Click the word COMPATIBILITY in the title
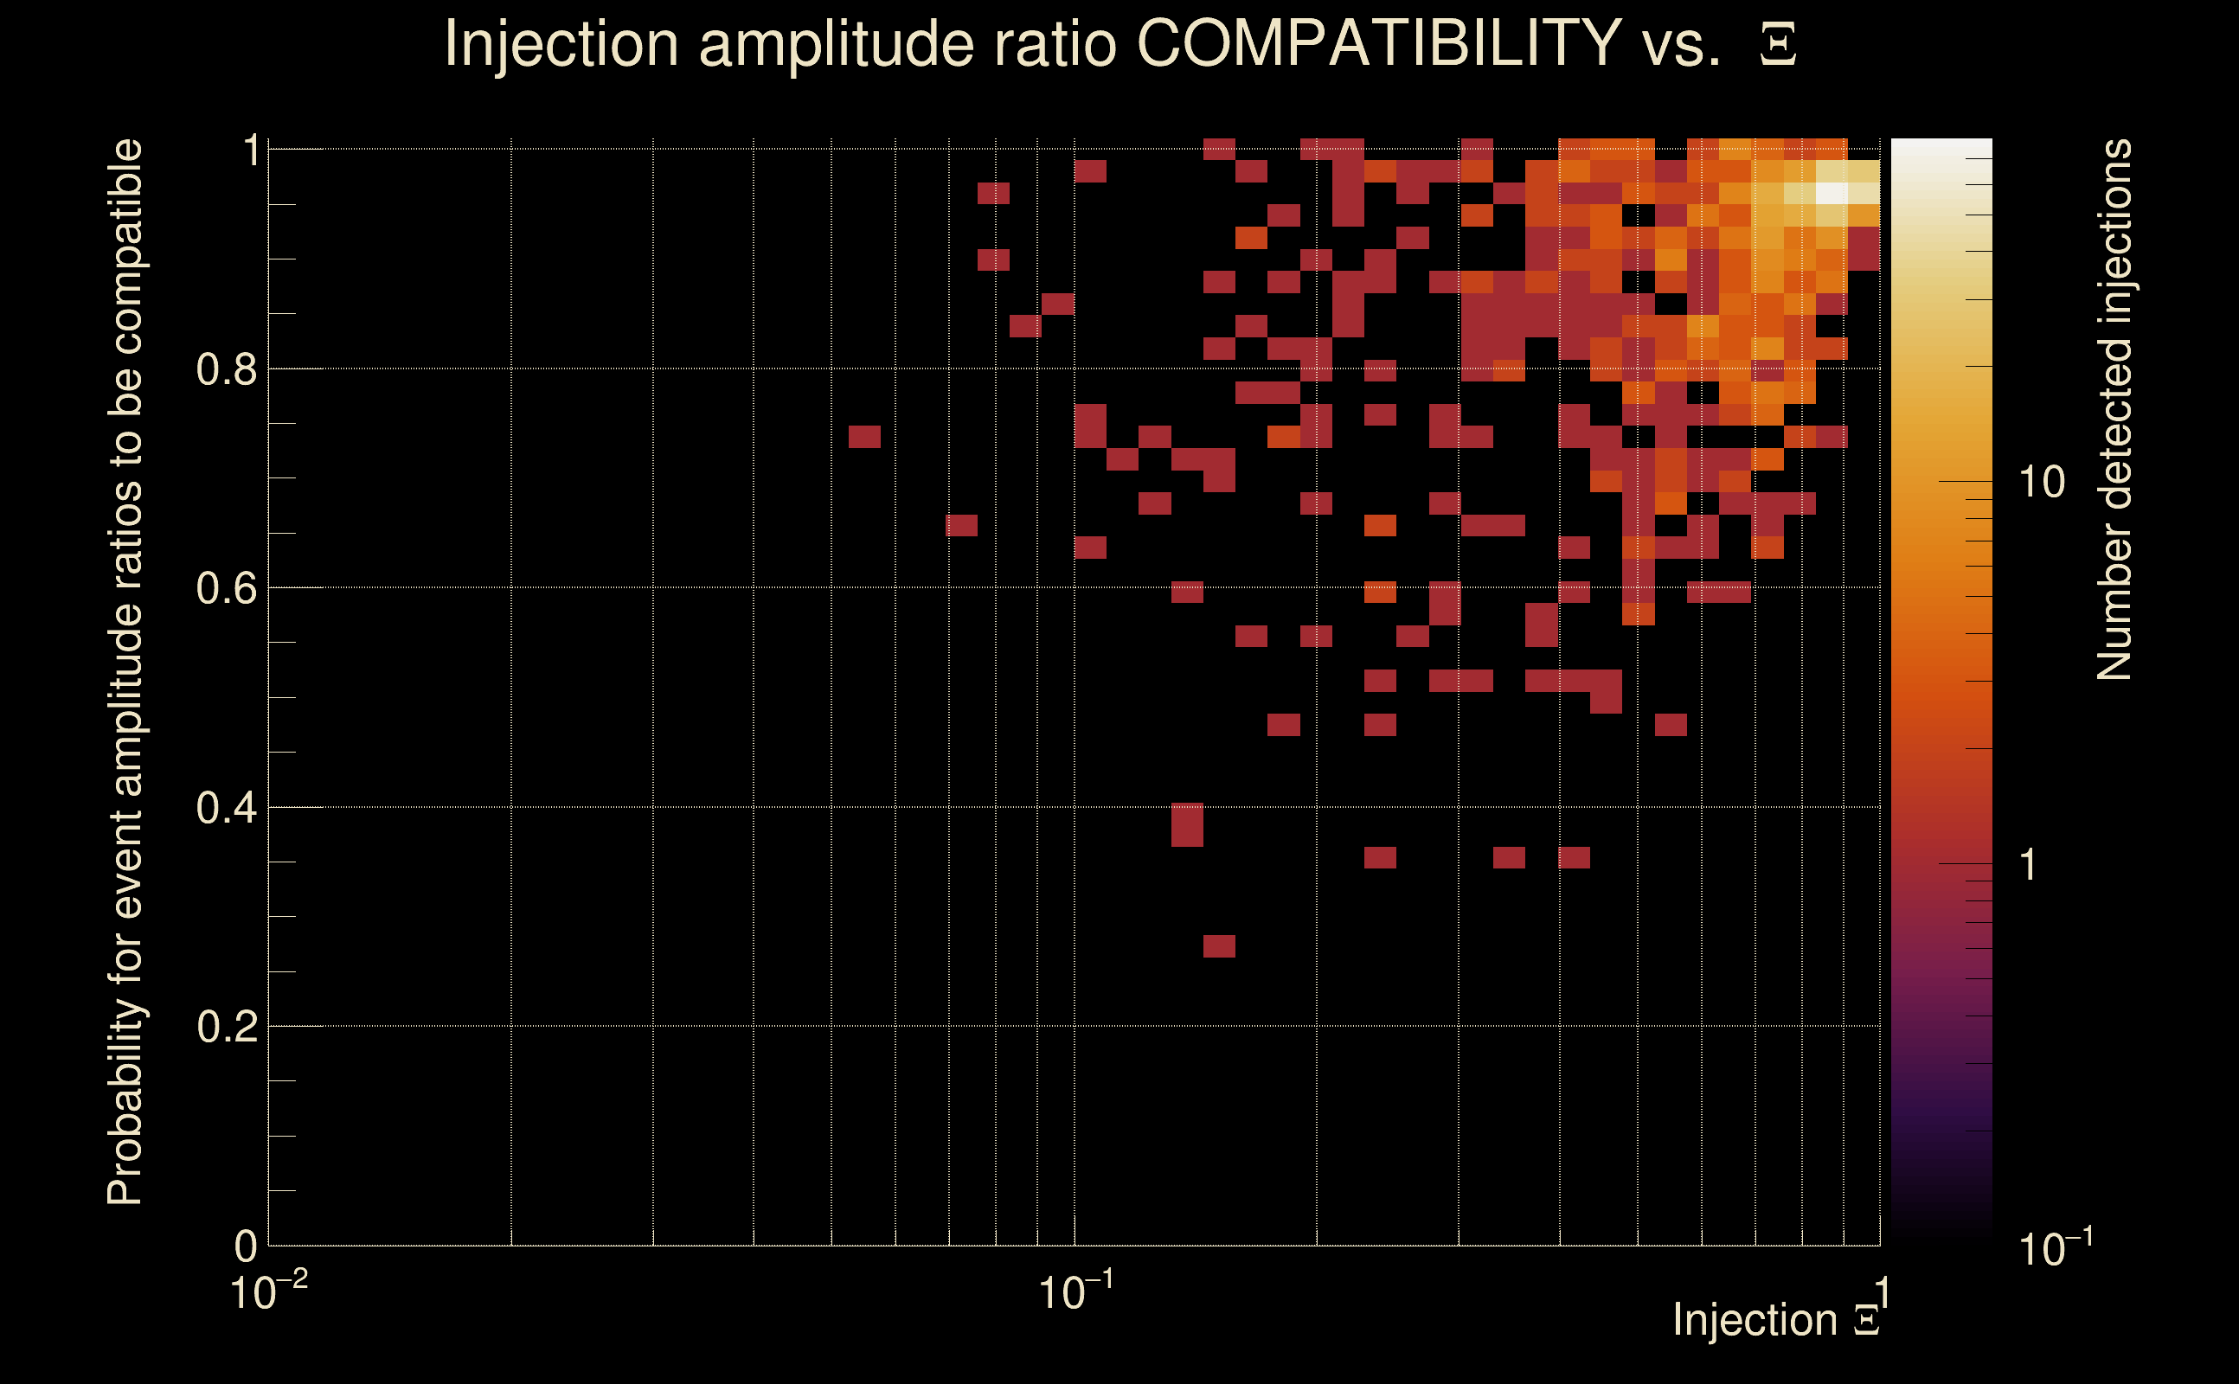(1378, 43)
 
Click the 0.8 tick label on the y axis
(226, 370)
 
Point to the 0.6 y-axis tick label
(226, 588)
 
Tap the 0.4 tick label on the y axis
(226, 808)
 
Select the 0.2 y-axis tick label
(226, 1027)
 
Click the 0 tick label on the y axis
(246, 1246)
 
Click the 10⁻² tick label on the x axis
(267, 1292)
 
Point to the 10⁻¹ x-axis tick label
(1075, 1292)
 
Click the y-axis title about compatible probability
(125, 672)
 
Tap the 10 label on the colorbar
(2041, 483)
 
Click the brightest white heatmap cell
(1831, 193)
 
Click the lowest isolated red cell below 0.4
(1219, 946)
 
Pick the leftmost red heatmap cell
(864, 437)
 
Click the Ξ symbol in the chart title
(1778, 45)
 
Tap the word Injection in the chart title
(561, 43)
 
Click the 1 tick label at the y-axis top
(251, 151)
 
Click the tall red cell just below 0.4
(1187, 824)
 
